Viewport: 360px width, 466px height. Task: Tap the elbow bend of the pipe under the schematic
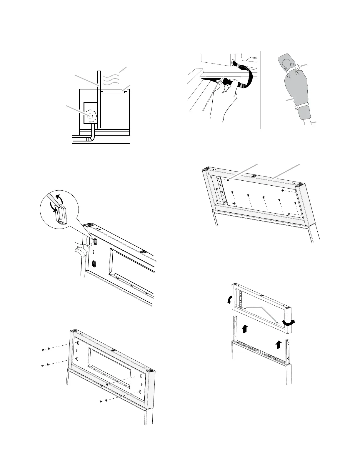point(92,138)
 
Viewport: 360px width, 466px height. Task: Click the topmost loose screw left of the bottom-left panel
point(44,349)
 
